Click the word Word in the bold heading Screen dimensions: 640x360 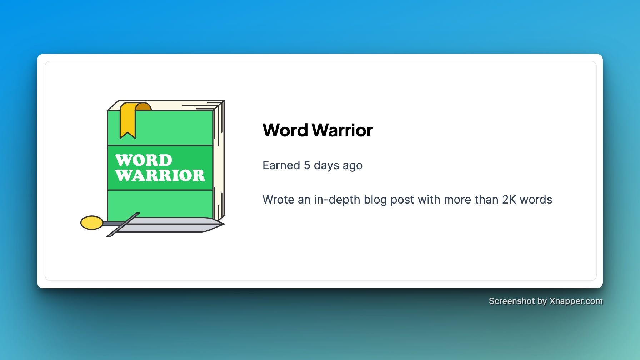coord(285,130)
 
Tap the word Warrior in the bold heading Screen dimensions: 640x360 coord(343,130)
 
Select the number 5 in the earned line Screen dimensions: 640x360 coord(307,165)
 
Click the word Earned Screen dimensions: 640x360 coord(281,165)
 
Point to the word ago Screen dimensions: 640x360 coord(352,166)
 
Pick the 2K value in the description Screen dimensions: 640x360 coord(509,200)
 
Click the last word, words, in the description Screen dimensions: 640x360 coord(536,200)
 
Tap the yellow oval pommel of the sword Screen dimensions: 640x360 coord(92,222)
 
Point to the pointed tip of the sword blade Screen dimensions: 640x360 coord(224,224)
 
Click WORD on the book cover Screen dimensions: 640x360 coord(144,160)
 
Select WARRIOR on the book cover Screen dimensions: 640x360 coord(160,175)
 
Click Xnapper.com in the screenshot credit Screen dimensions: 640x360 coord(576,301)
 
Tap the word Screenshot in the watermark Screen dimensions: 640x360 coord(512,301)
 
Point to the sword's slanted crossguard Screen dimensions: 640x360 coord(123,225)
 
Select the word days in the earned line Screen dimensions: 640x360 coord(326,166)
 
